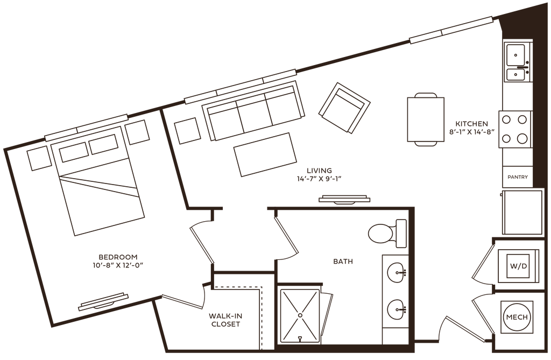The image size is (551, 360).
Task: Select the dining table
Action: (x=425, y=119)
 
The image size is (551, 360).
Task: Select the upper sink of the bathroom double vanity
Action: (x=396, y=271)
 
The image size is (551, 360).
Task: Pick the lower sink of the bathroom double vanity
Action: (x=396, y=308)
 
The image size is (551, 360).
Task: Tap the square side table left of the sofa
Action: (x=186, y=129)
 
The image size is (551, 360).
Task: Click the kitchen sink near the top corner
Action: (x=516, y=62)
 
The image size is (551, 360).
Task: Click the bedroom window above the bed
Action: (x=86, y=126)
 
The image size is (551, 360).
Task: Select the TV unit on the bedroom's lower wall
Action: (x=103, y=302)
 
